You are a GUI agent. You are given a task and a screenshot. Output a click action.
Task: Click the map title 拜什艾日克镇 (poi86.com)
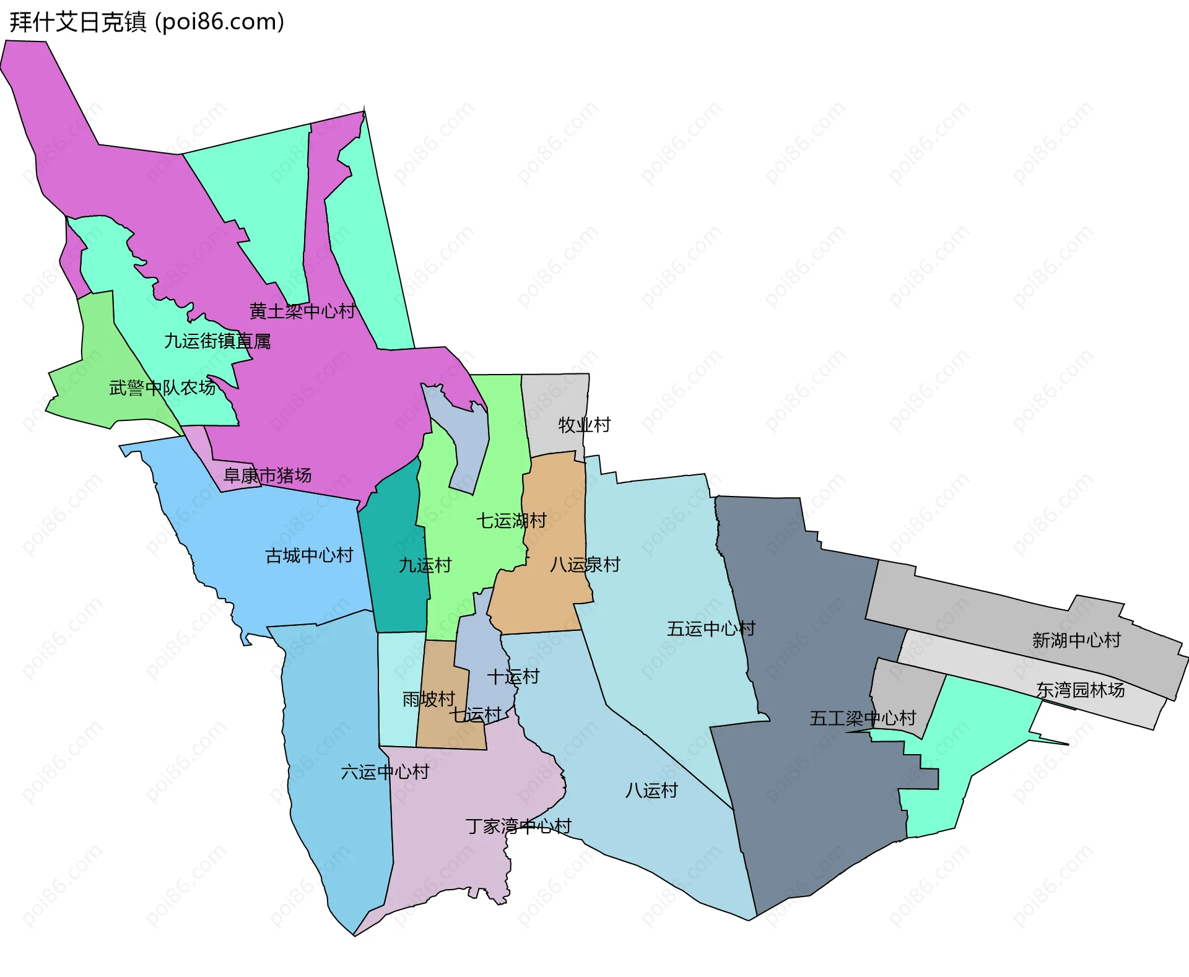click(x=147, y=22)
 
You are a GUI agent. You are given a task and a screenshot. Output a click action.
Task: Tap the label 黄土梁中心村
click(x=302, y=311)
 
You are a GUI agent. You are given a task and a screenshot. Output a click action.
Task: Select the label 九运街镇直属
click(x=217, y=341)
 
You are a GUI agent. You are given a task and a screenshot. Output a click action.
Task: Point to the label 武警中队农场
click(x=162, y=388)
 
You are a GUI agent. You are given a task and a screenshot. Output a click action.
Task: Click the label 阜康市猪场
click(x=268, y=475)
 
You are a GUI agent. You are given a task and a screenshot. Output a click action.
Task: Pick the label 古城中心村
click(x=309, y=555)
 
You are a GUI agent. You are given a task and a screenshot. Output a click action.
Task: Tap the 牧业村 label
click(x=584, y=425)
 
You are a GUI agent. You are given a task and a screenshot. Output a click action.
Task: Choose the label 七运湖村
click(x=511, y=521)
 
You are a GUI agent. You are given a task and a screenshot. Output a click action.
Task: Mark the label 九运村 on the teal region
click(x=425, y=565)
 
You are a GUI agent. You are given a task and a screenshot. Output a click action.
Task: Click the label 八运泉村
click(x=585, y=565)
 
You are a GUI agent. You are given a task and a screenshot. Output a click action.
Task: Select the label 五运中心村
click(x=711, y=629)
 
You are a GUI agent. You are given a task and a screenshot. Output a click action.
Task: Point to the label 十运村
click(x=513, y=677)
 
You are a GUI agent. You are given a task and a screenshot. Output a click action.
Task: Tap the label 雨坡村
click(x=429, y=700)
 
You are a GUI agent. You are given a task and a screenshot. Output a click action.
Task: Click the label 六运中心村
click(x=385, y=772)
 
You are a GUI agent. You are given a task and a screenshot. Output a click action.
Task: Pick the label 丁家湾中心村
click(x=518, y=827)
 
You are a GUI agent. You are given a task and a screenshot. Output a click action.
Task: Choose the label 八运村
click(x=651, y=791)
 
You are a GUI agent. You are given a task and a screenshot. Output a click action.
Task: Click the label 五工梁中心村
click(x=863, y=719)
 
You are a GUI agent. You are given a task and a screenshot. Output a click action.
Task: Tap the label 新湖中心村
click(x=1076, y=640)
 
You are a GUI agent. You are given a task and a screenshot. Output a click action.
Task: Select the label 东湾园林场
click(x=1080, y=690)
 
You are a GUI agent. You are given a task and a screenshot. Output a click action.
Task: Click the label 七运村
click(x=475, y=715)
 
